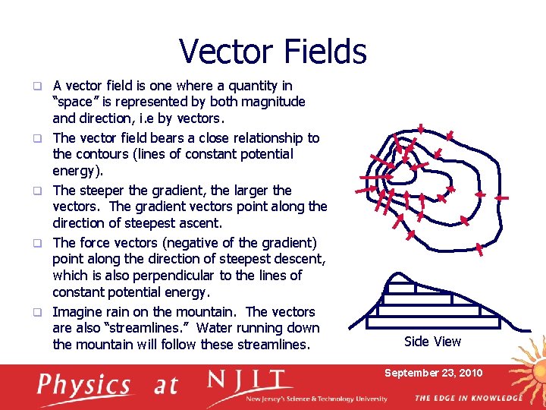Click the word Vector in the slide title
coord(227,52)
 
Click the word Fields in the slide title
coord(323,52)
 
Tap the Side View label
coord(432,342)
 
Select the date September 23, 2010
coord(433,373)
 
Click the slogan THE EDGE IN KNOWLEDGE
coord(468,398)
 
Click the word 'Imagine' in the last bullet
coord(77,312)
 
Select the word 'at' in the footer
coord(165,386)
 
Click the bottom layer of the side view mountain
coord(438,323)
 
